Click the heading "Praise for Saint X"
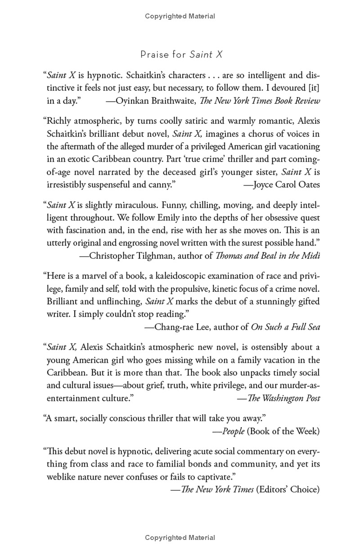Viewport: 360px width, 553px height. click(x=181, y=55)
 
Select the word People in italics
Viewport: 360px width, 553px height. click(x=234, y=431)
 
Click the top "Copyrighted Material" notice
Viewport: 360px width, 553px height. click(x=180, y=16)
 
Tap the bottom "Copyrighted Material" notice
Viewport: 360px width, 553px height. click(x=180, y=537)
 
